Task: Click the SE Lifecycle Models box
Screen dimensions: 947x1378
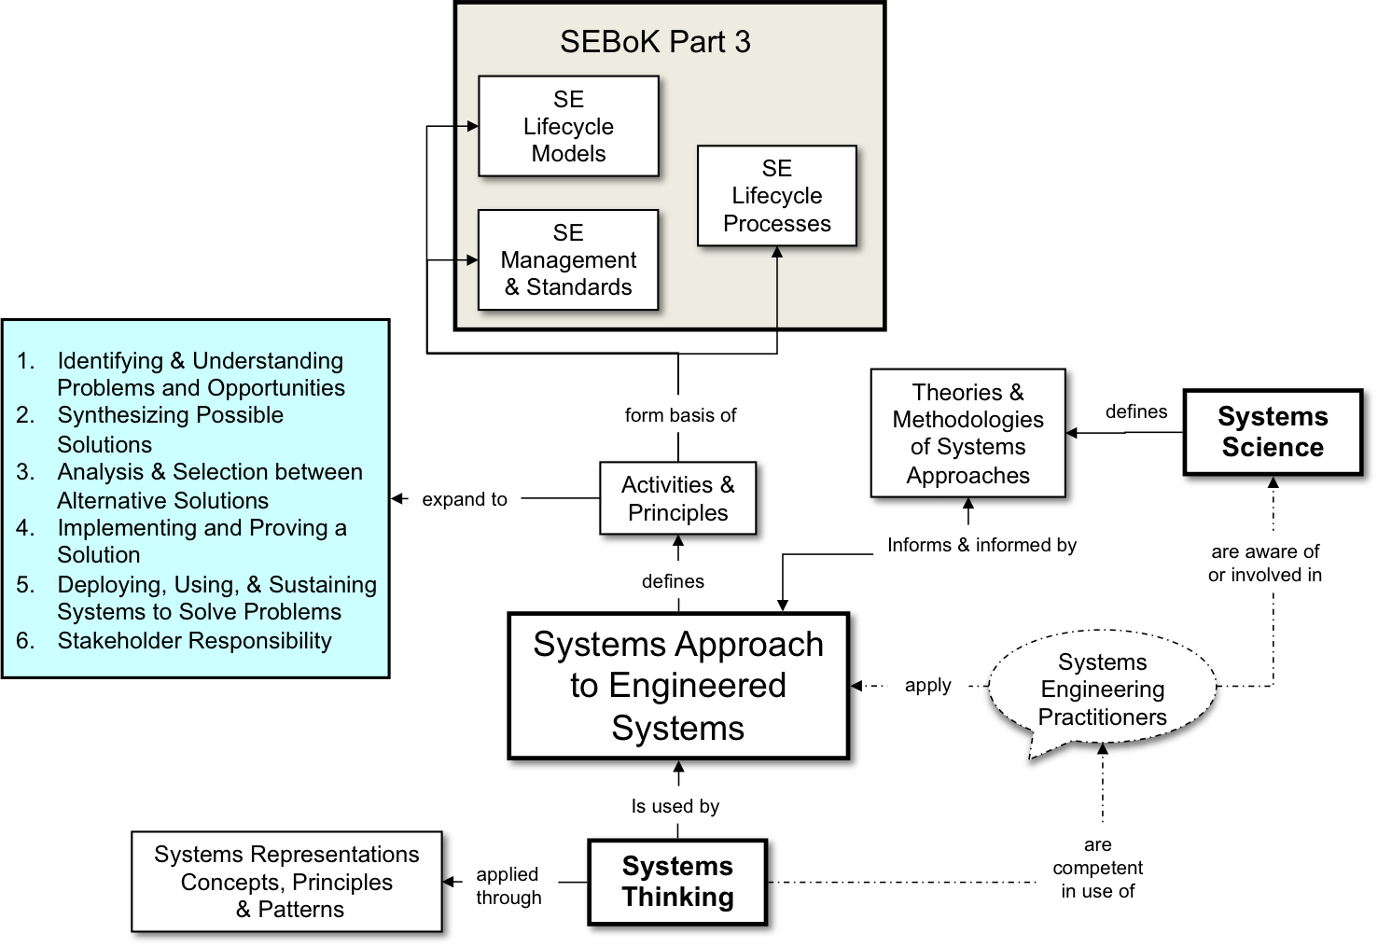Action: (568, 126)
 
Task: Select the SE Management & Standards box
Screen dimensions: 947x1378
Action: (568, 259)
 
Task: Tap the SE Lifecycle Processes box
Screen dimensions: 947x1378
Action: (776, 196)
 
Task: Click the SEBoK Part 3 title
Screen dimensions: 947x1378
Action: (655, 42)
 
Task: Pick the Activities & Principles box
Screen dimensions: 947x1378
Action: (678, 499)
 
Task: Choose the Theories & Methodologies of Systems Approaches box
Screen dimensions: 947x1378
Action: (968, 434)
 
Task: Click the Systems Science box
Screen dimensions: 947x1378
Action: (1273, 433)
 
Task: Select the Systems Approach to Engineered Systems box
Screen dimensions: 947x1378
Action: (678, 686)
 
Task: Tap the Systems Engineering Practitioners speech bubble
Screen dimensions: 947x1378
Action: (1102, 689)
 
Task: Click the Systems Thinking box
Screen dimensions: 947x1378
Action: (678, 882)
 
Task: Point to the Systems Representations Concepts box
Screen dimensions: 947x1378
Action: (287, 882)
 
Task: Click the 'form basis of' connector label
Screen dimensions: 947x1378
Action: (680, 415)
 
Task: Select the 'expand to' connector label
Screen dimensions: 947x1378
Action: (465, 499)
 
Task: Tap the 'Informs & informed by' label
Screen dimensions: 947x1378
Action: (981, 545)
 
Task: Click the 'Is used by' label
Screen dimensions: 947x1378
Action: (675, 806)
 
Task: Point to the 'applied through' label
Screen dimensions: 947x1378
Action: (508, 885)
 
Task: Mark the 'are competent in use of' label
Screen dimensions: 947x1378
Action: (1098, 868)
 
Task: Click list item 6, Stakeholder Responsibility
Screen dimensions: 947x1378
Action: (194, 641)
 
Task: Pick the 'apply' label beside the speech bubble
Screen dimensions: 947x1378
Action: (928, 686)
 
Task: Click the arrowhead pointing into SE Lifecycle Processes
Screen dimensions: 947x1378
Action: (777, 252)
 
